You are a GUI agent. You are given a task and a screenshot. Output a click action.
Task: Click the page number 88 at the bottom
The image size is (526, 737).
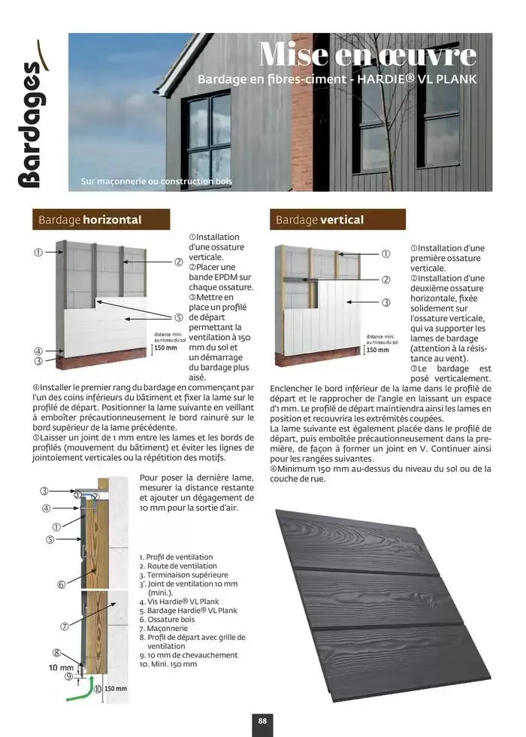point(262,720)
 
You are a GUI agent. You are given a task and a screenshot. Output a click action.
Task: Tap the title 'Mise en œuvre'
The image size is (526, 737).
point(367,54)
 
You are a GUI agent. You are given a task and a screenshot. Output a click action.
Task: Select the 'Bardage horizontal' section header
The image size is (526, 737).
point(90,220)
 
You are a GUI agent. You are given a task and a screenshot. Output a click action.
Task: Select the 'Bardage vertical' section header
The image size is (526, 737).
point(319,220)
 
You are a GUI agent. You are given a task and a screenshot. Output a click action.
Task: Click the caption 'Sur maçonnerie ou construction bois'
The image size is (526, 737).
point(156,181)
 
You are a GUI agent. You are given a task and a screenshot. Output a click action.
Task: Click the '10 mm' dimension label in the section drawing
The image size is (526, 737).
point(62,667)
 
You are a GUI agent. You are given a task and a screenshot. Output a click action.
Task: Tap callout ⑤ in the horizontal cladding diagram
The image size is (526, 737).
point(179,317)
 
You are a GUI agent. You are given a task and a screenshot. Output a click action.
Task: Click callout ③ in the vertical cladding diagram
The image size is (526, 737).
point(386,302)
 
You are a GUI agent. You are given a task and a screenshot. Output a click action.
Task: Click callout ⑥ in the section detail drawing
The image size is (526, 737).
point(62,584)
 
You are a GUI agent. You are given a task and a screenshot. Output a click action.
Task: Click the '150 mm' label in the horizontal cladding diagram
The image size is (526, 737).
point(165,348)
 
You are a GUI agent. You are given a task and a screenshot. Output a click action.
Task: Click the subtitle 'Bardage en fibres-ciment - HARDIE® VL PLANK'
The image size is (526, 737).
point(336,79)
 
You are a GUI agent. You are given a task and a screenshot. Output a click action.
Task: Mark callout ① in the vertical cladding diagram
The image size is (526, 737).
point(386,254)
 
